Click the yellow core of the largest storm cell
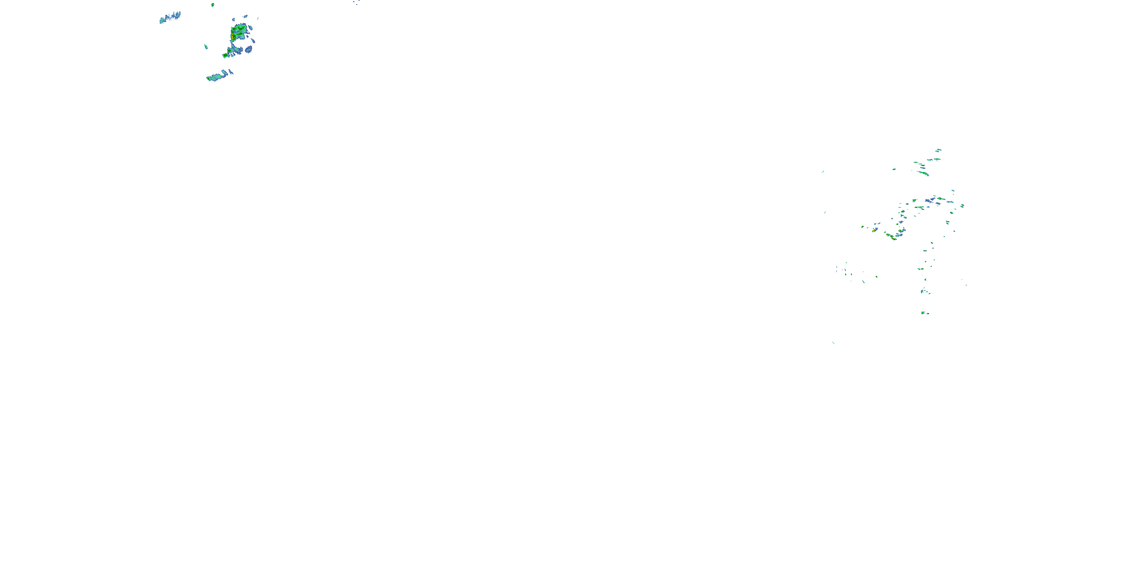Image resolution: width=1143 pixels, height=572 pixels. (x=232, y=35)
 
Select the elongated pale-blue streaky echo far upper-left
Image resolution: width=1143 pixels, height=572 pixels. (x=170, y=18)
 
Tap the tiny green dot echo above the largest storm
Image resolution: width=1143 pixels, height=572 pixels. (x=213, y=5)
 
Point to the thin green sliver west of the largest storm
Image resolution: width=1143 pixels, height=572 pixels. (x=206, y=46)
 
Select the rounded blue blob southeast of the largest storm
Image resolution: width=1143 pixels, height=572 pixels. (x=248, y=49)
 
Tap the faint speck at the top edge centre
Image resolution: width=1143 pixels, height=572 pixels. (x=356, y=3)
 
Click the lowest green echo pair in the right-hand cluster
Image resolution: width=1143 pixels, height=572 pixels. (x=925, y=313)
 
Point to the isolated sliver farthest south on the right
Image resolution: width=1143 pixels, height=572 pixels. (x=833, y=342)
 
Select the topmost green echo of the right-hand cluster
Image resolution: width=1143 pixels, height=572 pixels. (x=938, y=151)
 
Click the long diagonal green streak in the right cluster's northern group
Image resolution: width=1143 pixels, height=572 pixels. (x=924, y=173)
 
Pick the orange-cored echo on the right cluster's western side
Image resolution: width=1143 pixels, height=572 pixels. (x=874, y=230)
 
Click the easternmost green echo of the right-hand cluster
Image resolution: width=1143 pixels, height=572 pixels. (x=962, y=206)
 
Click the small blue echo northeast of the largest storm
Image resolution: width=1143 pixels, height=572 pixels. (x=245, y=17)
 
